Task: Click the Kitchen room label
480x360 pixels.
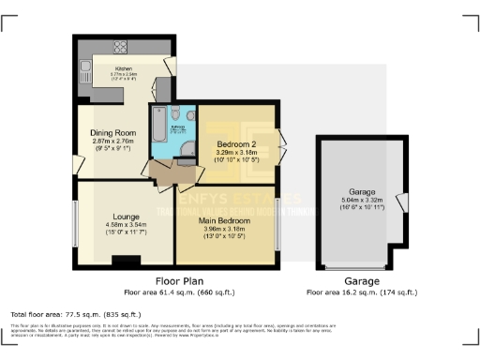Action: tap(124, 68)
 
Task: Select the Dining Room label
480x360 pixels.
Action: tap(112, 132)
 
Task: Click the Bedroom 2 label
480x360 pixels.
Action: tap(237, 143)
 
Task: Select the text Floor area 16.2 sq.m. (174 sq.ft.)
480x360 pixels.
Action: tap(361, 292)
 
